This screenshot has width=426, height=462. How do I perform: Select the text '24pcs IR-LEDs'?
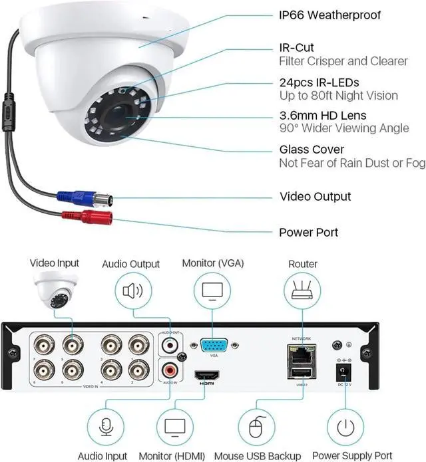pos(318,82)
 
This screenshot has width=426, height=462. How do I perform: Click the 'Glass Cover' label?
pos(311,150)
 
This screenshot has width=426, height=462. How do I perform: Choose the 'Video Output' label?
pos(315,197)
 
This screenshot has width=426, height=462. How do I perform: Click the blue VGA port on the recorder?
pos(213,346)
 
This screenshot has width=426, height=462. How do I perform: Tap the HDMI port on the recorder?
pos(203,376)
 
